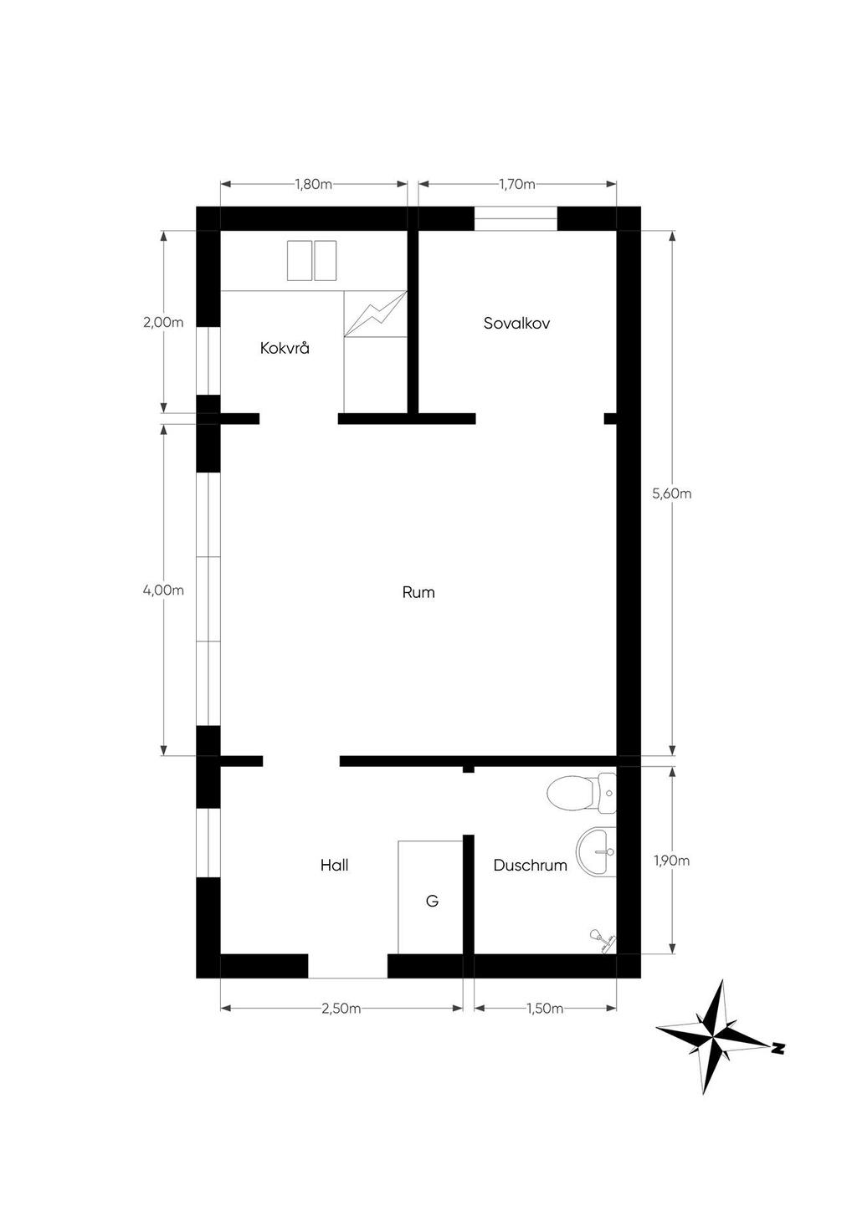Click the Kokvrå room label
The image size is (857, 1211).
285,348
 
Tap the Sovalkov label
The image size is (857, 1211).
516,324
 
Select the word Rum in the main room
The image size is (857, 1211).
418,592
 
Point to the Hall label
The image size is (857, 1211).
334,865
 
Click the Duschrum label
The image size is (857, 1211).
531,865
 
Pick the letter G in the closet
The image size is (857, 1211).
432,901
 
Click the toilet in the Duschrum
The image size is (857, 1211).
582,793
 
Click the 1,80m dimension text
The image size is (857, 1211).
313,184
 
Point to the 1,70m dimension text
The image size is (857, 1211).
517,184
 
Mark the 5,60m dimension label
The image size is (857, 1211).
672,493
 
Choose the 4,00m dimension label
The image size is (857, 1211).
163,590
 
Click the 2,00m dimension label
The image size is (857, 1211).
163,323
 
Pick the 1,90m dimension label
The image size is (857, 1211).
672,861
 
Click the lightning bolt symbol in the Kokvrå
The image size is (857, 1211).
376,314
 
